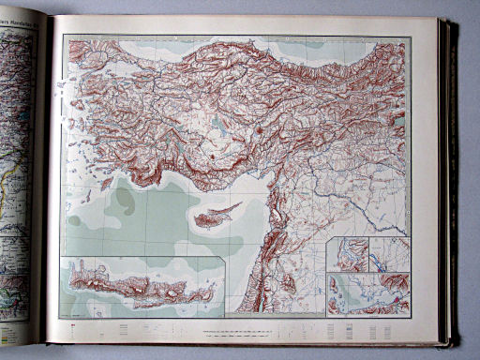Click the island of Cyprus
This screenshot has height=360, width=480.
click(215, 217)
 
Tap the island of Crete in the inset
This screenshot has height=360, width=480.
click(141, 286)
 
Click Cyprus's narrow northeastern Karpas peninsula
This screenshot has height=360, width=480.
click(234, 205)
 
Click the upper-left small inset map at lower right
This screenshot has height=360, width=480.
click(347, 254)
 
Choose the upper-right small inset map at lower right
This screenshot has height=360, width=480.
click(389, 254)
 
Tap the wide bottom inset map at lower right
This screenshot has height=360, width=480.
click(367, 292)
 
